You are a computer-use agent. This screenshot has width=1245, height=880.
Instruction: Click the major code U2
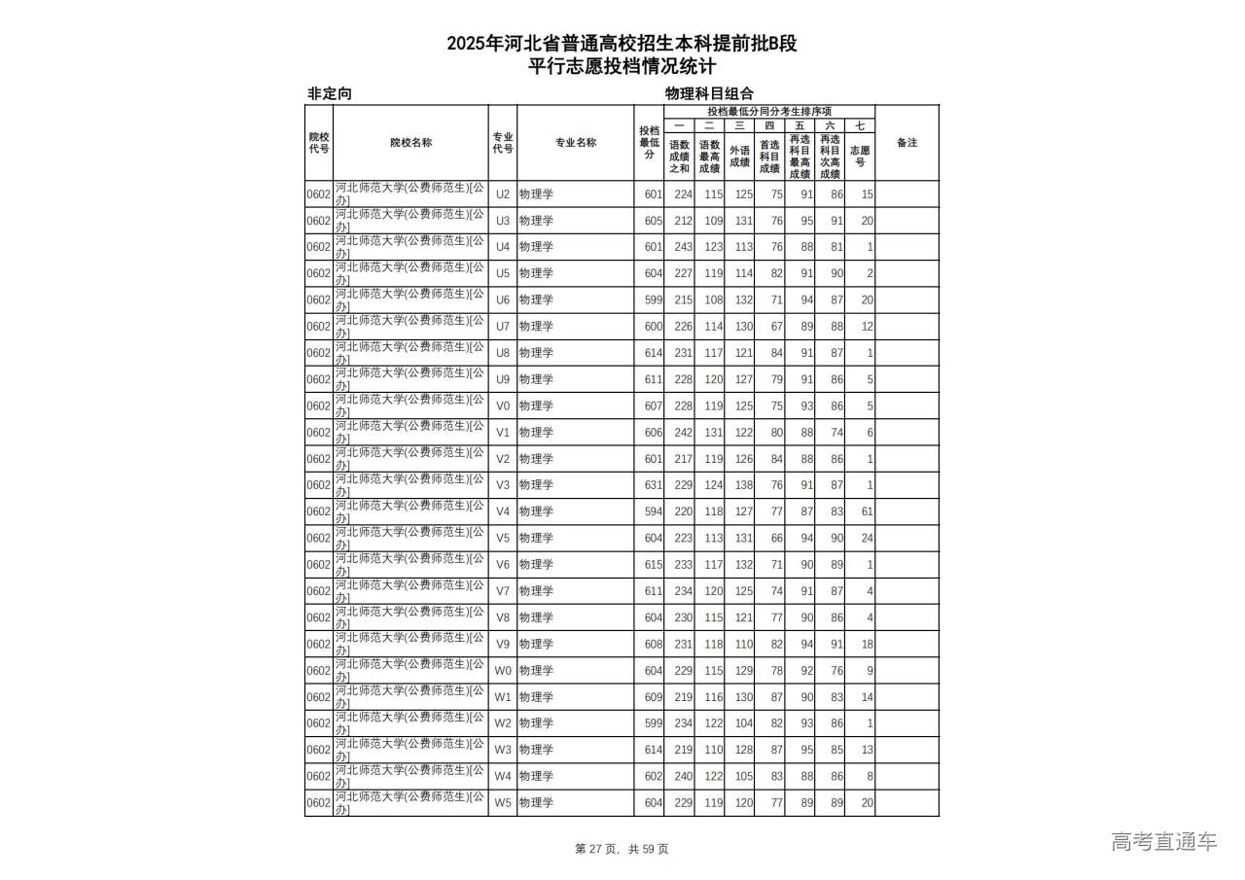pos(502,194)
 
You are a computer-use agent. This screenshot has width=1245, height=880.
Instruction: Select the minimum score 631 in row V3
pos(653,485)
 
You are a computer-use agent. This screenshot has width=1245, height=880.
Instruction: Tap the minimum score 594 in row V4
pos(653,511)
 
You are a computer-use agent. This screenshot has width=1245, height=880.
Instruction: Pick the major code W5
pos(502,803)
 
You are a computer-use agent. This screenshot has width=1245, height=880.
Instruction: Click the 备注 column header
pos(907,143)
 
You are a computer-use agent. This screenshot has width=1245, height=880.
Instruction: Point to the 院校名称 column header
pos(410,143)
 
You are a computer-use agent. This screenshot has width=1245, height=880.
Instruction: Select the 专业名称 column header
pos(576,143)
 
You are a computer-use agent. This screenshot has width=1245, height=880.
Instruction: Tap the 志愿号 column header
pos(860,157)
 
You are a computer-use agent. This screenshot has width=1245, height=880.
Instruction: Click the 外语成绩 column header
pos(739,157)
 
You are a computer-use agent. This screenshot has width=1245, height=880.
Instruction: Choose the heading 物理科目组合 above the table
pos(709,94)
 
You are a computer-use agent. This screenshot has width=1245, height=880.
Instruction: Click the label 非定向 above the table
pos(329,94)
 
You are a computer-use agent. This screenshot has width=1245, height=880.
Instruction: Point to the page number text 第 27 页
pos(598,849)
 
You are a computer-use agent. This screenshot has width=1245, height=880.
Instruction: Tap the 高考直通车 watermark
pos(1163,842)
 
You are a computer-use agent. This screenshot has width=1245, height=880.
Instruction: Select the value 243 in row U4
pos(683,247)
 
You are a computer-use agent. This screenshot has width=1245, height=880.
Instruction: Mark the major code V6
pos(502,565)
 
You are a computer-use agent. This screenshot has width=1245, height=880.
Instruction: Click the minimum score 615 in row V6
pos(653,565)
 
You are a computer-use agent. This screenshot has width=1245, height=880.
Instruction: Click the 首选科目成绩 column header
pos(768,157)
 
